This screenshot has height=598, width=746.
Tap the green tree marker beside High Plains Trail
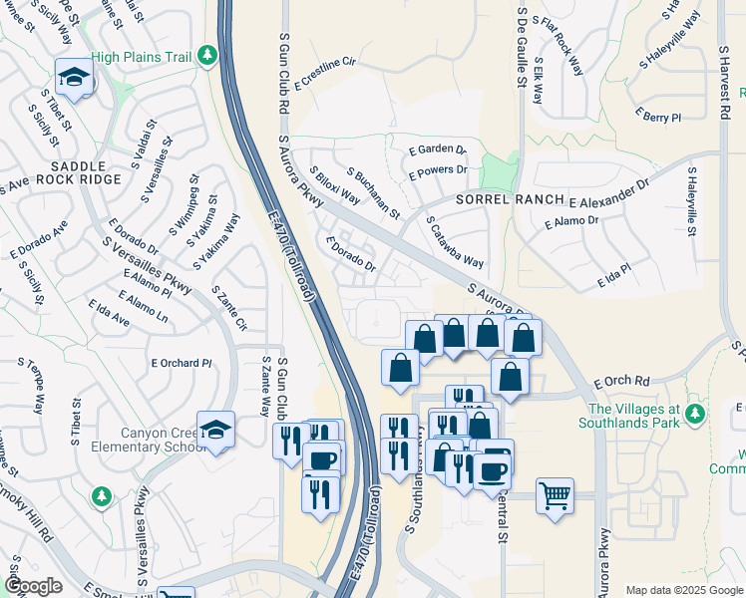[x=207, y=56]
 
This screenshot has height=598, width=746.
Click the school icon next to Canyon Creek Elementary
[x=215, y=430]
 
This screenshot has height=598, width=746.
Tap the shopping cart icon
[x=555, y=494]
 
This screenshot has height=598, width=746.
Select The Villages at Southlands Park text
[x=633, y=416]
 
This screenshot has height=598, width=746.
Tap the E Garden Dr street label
[x=438, y=149]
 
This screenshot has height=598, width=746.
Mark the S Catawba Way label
[x=454, y=242]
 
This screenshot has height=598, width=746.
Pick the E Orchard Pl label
[x=181, y=363]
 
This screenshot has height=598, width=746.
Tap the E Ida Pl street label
[x=614, y=276]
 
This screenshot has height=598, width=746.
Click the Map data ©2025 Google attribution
[x=683, y=589]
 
